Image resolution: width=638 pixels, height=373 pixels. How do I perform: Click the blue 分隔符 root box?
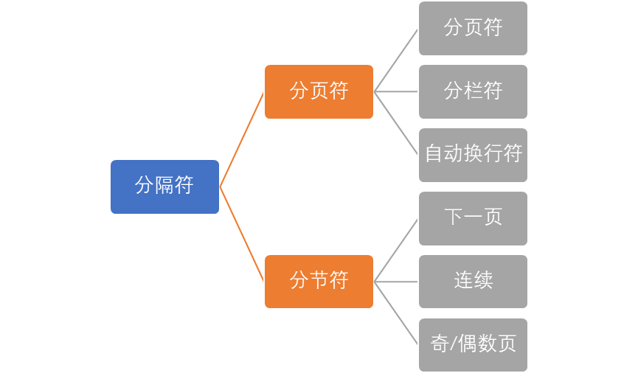(x=164, y=186)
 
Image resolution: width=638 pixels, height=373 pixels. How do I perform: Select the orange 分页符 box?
(x=319, y=91)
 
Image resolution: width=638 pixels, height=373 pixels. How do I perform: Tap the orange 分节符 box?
(x=319, y=282)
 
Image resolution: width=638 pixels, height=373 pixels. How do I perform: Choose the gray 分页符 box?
(x=473, y=28)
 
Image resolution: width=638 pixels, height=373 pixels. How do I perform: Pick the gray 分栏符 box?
(x=473, y=91)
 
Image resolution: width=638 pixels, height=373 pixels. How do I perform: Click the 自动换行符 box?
(x=473, y=155)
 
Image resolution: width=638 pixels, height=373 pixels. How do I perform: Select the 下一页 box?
(x=473, y=218)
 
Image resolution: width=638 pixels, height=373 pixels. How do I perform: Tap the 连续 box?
(x=473, y=282)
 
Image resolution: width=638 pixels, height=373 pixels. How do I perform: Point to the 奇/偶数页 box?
(x=473, y=344)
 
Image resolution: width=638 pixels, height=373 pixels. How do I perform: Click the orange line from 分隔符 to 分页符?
(x=242, y=139)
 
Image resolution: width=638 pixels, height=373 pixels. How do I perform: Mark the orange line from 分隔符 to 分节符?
(x=242, y=234)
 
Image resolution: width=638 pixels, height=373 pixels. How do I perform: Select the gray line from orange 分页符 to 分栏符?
(x=396, y=92)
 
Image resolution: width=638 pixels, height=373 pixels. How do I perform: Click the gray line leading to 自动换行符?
(x=396, y=124)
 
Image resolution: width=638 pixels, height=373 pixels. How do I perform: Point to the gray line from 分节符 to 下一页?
(x=396, y=250)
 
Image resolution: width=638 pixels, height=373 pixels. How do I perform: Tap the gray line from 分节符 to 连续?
(x=396, y=282)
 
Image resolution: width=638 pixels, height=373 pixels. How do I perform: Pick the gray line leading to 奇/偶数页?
(x=396, y=313)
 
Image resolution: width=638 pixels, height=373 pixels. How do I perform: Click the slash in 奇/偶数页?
(x=454, y=344)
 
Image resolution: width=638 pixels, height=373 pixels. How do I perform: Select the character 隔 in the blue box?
(x=164, y=186)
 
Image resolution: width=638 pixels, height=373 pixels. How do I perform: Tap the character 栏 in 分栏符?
(x=473, y=91)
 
